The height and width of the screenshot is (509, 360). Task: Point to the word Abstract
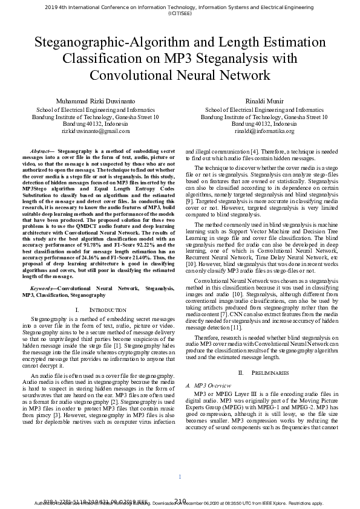pyautogui.click(x=39, y=150)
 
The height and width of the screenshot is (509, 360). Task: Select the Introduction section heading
pyautogui.click(x=93, y=310)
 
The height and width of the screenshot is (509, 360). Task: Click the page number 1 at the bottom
pyautogui.click(x=180, y=477)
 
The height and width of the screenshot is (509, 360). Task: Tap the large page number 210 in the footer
pyautogui.click(x=180, y=500)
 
